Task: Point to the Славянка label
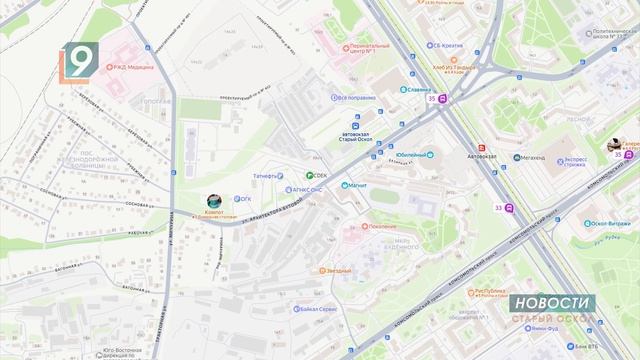point(397,87)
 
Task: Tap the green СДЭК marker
point(309,176)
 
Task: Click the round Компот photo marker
point(213,201)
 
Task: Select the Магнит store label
point(357,185)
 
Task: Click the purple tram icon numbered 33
point(509,208)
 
